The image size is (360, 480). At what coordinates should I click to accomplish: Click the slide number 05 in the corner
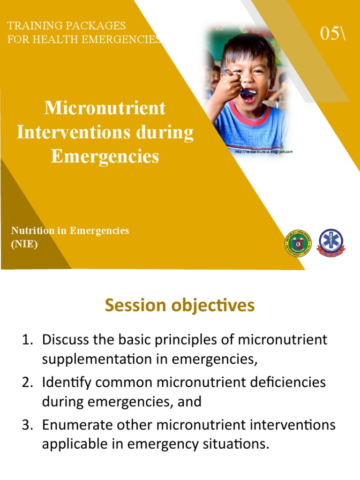[331, 33]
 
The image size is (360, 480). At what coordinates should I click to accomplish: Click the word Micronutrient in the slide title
[105, 108]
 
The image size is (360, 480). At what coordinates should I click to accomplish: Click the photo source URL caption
[263, 152]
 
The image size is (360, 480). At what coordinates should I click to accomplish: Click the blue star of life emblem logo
[331, 243]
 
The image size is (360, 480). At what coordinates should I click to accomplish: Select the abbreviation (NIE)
[24, 244]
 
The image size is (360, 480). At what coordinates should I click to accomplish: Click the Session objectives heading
[180, 306]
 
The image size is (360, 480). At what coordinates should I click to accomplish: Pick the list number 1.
[28, 339]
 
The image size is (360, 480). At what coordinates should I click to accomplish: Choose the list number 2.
[28, 382]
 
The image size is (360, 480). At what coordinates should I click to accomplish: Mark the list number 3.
[28, 425]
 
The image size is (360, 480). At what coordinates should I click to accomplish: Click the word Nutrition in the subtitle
[32, 231]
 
